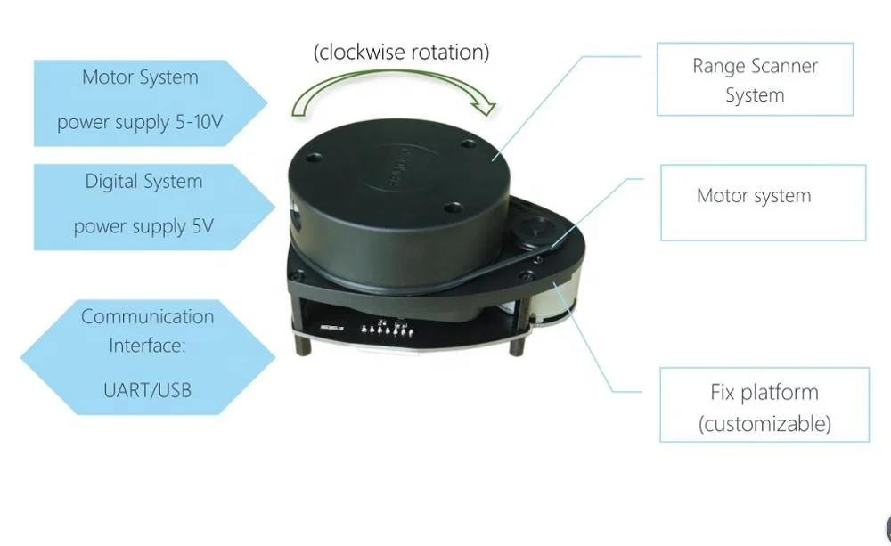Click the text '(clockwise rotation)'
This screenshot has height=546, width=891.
[401, 53]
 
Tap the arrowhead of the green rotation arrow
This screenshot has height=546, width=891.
[484, 108]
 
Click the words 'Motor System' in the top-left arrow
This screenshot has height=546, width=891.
[140, 77]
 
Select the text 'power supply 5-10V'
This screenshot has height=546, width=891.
[140, 122]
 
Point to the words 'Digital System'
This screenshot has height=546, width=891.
[143, 182]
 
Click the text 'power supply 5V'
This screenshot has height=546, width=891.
[143, 226]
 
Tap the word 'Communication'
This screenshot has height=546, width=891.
[147, 316]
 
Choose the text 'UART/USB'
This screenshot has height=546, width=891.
[147, 389]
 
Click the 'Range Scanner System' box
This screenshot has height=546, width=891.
[755, 79]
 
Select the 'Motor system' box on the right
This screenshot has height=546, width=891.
[762, 202]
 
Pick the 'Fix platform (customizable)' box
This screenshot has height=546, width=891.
[764, 405]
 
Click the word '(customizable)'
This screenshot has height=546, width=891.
[764, 423]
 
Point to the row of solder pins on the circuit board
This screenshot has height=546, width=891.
[385, 330]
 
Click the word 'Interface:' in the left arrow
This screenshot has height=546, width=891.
[147, 346]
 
